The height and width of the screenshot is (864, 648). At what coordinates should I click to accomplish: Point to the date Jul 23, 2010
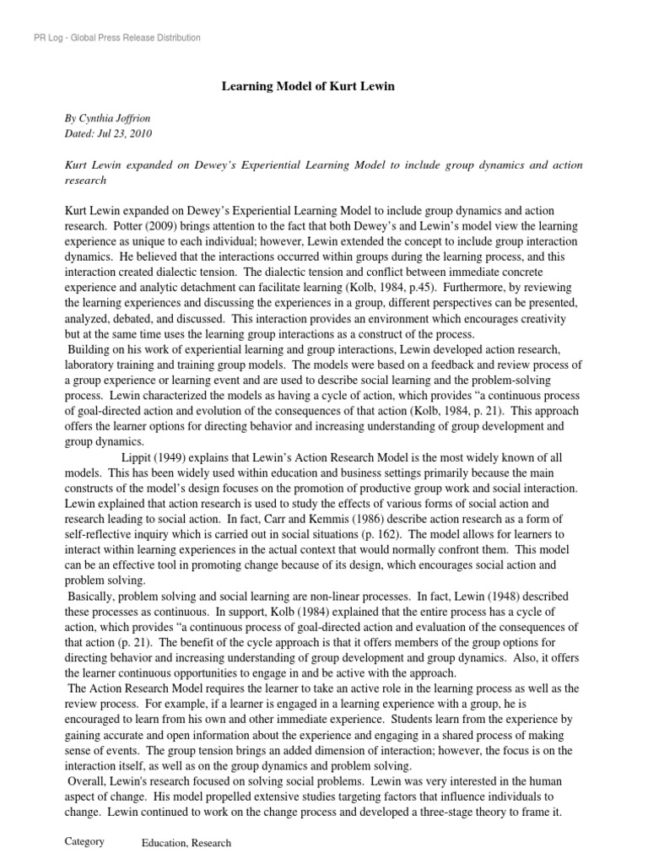pyautogui.click(x=126, y=133)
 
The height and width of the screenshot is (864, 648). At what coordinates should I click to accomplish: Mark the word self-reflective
pyautogui.click(x=102, y=533)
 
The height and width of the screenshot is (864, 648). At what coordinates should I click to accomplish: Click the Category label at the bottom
pyautogui.click(x=84, y=841)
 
